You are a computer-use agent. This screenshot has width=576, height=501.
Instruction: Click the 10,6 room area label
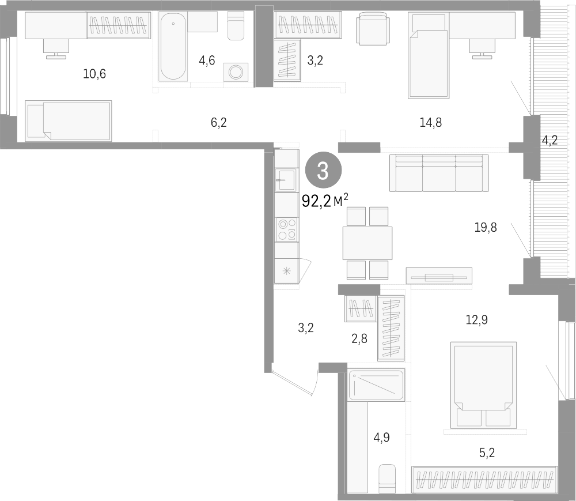(x=94, y=74)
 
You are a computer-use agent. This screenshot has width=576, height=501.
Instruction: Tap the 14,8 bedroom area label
(x=430, y=122)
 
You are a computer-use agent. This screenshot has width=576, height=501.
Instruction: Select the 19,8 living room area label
(x=485, y=228)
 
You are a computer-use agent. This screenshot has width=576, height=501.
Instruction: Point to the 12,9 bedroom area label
(x=477, y=320)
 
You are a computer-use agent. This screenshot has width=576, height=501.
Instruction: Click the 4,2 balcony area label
(x=550, y=140)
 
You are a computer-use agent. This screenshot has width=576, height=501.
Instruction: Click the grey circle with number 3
(x=323, y=171)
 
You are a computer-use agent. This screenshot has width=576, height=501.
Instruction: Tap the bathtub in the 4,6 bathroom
(x=173, y=47)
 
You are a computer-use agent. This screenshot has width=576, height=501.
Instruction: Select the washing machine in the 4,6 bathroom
(x=236, y=72)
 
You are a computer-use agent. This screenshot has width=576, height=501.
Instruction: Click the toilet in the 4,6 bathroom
(x=236, y=25)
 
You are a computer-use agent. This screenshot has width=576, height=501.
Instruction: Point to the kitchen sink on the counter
(x=286, y=180)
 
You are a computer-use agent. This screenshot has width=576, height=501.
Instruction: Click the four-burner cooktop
(x=287, y=229)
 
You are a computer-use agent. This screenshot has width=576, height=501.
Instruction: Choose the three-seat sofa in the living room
(x=439, y=173)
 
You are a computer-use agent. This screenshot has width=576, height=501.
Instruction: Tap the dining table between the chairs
(x=367, y=243)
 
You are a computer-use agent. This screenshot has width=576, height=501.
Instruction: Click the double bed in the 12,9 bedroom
(x=483, y=385)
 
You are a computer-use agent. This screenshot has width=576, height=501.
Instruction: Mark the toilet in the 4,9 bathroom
(x=387, y=479)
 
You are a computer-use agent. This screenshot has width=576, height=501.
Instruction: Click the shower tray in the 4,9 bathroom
(x=377, y=385)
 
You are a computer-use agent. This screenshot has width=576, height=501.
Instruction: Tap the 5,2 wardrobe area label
(x=487, y=453)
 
